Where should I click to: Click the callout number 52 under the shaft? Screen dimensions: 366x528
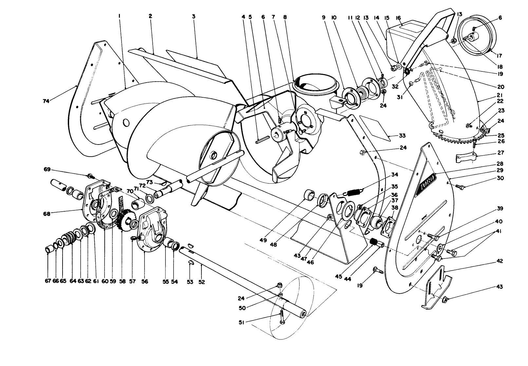(x=202, y=282)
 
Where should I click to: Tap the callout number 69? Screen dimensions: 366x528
(x=47, y=169)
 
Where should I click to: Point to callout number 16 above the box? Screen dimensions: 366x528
(x=398, y=18)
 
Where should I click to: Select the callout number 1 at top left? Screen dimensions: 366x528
(x=120, y=15)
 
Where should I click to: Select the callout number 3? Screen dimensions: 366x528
(x=194, y=16)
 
